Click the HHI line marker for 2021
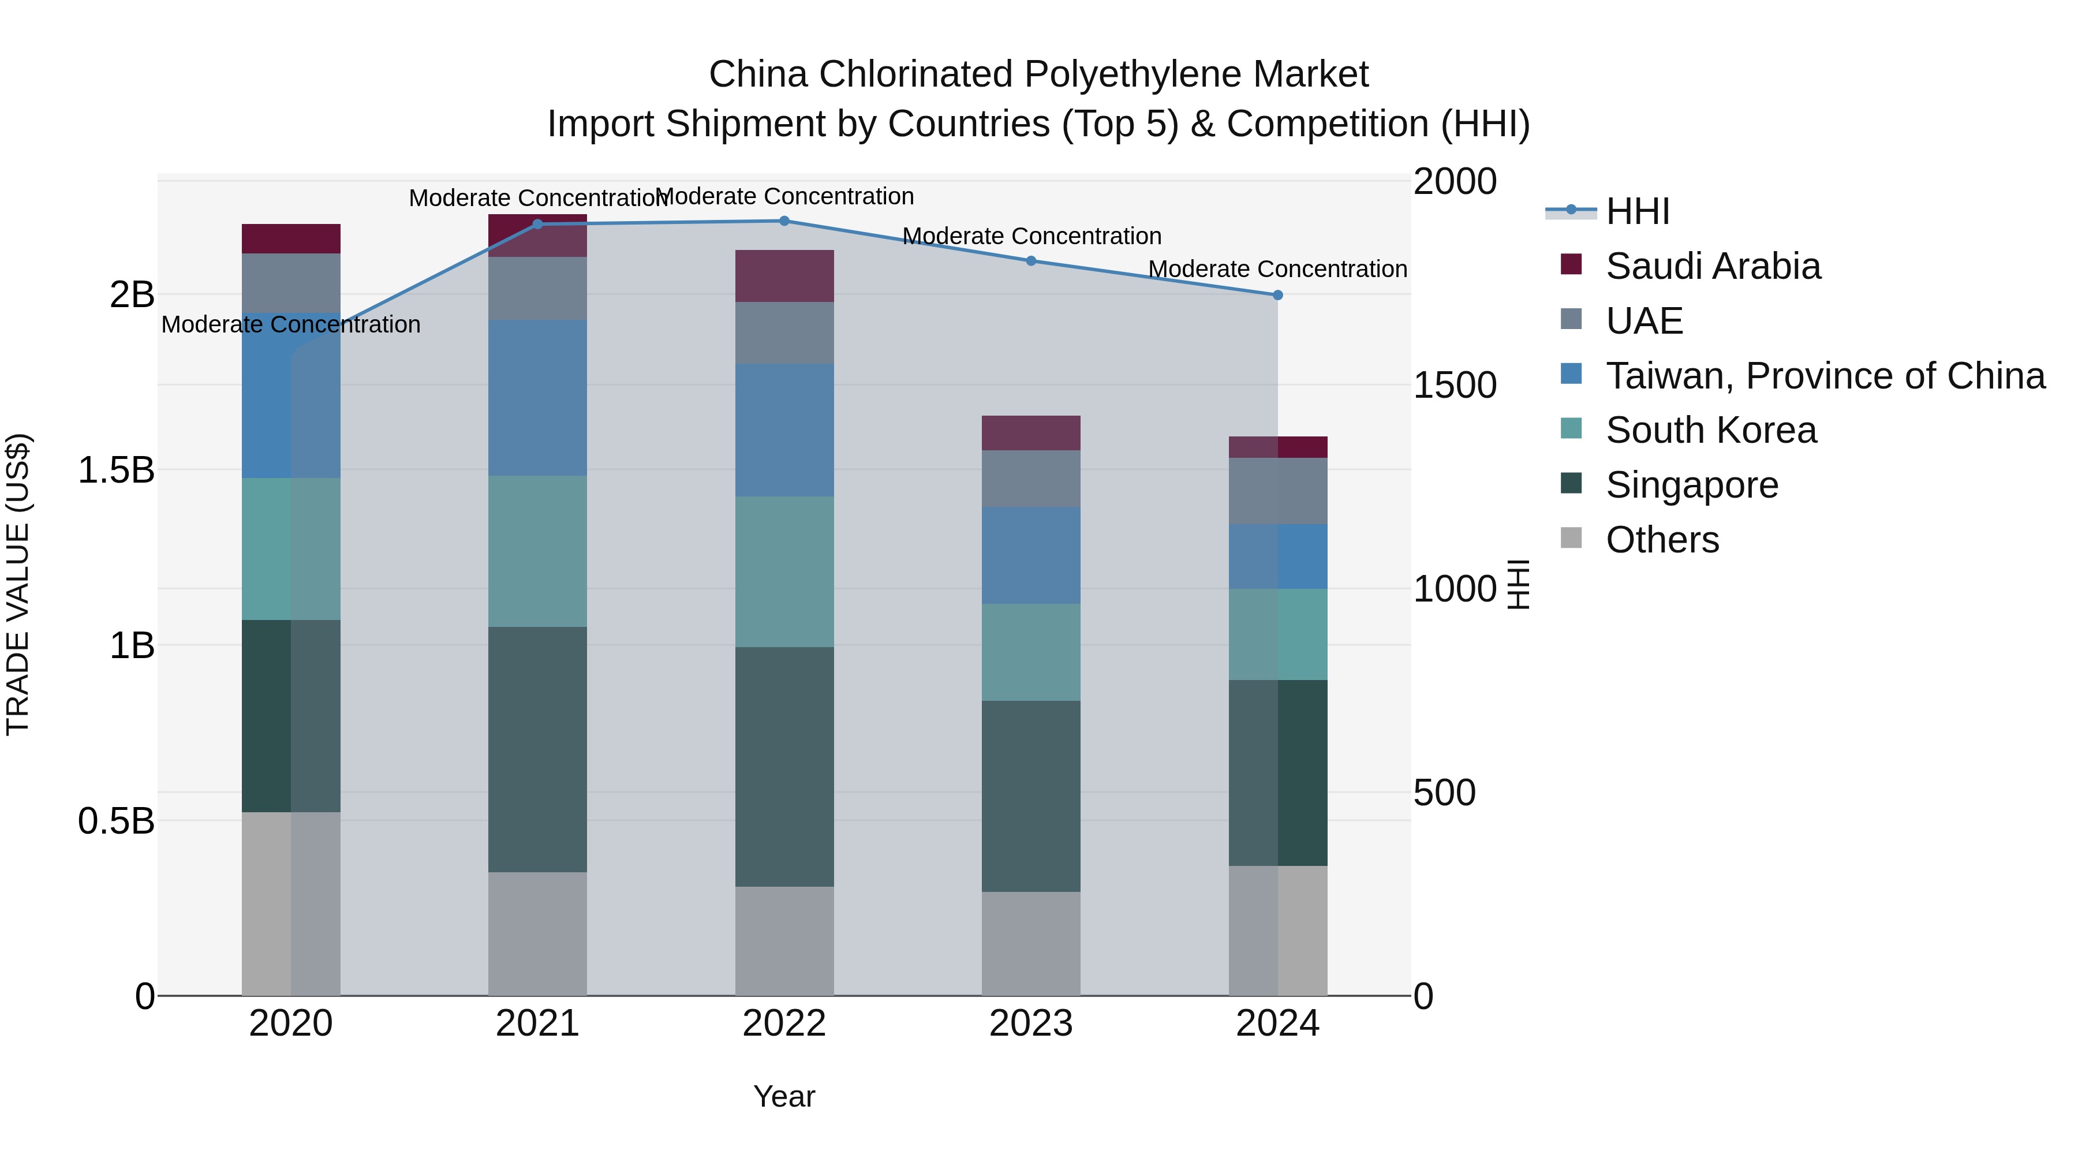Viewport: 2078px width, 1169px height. coord(537,225)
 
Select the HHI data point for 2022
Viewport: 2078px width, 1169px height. coord(784,221)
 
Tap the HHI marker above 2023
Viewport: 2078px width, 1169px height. coord(1031,260)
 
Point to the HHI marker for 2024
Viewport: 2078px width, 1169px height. coord(1278,295)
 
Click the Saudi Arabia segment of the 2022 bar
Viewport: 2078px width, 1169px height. coord(784,276)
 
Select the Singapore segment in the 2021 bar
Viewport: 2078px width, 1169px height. coord(537,749)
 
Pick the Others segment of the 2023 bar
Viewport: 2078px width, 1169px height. coord(1031,943)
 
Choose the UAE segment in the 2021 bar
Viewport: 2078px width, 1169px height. coord(537,288)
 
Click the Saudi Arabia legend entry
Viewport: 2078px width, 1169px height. coord(1713,266)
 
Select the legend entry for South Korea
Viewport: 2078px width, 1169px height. coord(1711,430)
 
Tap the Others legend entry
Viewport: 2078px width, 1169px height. coord(1662,540)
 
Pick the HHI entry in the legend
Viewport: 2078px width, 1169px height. coord(1637,211)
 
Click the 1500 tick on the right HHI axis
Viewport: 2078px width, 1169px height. coord(1455,385)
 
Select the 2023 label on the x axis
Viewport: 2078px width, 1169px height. coord(1031,1024)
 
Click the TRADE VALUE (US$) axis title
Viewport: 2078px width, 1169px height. coord(18,584)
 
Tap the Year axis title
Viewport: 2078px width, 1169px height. coord(784,1096)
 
